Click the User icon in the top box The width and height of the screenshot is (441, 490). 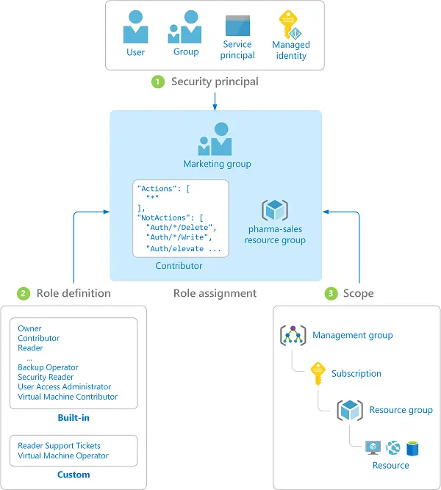click(135, 27)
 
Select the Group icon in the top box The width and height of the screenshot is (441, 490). click(185, 27)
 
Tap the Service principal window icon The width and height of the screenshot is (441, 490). click(238, 26)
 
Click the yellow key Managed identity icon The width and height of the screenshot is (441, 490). click(291, 25)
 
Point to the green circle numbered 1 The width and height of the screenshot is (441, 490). click(157, 82)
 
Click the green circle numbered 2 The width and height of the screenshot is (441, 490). click(24, 293)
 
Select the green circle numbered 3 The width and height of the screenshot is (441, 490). click(331, 293)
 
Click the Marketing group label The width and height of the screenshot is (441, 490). click(217, 164)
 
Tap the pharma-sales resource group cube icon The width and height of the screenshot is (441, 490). click(276, 210)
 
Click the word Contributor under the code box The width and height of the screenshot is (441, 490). click(179, 265)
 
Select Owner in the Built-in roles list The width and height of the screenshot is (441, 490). click(30, 329)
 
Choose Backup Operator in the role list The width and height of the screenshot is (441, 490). click(48, 367)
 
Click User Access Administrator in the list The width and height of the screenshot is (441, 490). click(65, 386)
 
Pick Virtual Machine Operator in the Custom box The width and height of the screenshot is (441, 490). click(63, 455)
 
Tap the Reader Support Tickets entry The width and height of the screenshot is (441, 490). click(59, 445)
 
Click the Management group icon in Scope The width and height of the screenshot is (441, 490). click(293, 335)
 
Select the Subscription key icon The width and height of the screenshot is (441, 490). click(318, 372)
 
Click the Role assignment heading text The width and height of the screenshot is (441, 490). click(215, 293)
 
